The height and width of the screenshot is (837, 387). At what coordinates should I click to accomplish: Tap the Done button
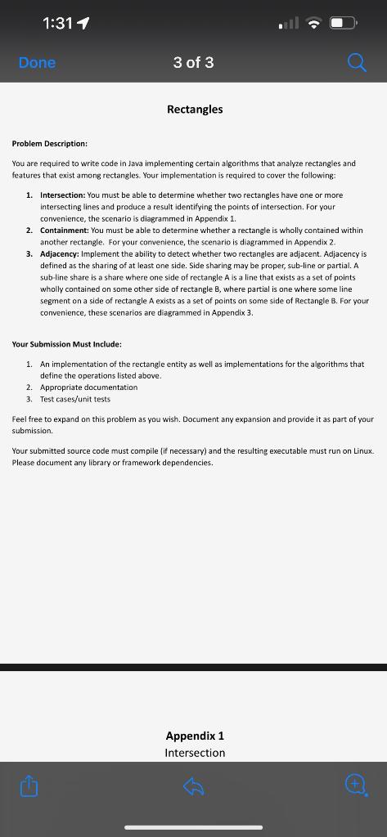pos(37,62)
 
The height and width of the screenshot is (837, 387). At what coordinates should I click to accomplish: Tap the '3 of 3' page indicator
pos(194,62)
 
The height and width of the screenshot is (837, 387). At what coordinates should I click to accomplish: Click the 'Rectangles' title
pos(194,109)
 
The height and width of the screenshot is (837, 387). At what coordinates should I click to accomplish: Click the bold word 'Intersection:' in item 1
pos(63,195)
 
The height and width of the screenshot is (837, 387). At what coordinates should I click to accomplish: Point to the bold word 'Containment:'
pos(65,231)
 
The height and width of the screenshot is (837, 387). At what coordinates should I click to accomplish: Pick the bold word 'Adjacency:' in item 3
pos(61,254)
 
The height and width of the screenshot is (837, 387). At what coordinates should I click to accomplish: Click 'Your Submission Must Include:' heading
pos(67,345)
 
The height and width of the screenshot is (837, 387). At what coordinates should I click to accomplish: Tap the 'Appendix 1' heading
pos(195,736)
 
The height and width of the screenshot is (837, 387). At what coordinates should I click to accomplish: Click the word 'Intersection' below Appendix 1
pos(195,753)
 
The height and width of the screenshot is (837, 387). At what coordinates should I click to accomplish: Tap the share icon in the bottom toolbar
pos(29,787)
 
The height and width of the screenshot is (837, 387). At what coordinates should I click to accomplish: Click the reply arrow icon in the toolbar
pos(193,787)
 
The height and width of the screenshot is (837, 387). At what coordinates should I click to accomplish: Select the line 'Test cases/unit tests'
pos(74,399)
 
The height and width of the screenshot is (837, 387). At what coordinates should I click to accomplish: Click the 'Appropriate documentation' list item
pos(88,387)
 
